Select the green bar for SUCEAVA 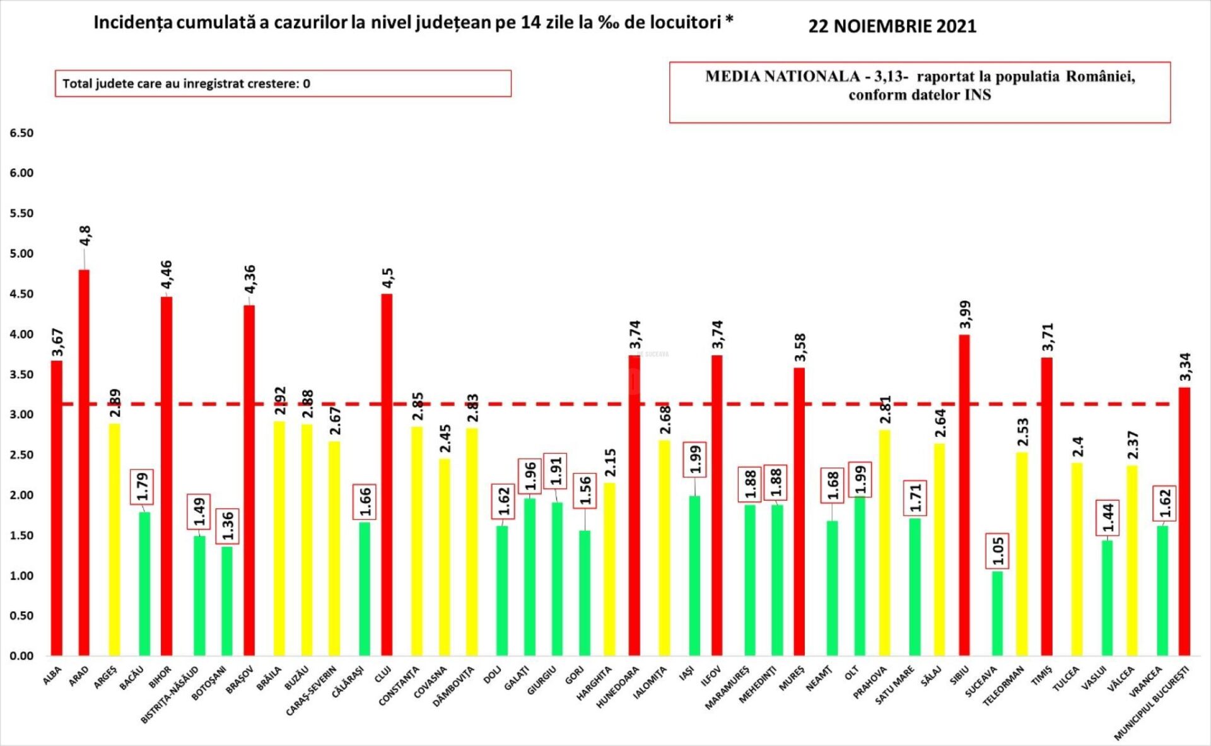pos(997,613)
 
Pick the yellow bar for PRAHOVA pos(884,542)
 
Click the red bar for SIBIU pos(964,495)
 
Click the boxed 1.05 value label pos(998,551)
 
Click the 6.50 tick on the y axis pos(21,133)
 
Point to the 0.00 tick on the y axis pos(21,656)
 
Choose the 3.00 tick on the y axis pos(21,414)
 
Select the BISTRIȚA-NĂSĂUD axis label pos(170,694)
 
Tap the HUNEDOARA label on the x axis pos(618,687)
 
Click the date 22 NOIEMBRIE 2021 pos(892,26)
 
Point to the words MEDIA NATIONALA pos(782,77)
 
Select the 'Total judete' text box pos(283,83)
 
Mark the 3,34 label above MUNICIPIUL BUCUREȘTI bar pos(1185,367)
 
